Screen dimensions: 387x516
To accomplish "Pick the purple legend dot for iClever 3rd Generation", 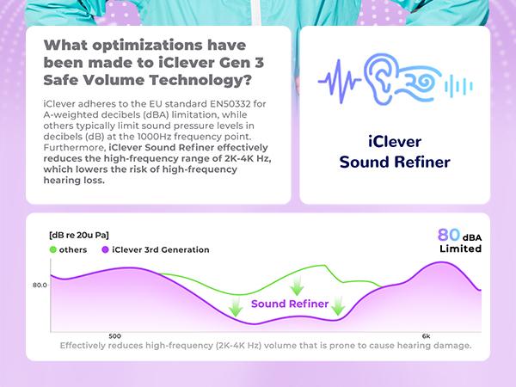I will point(105,249).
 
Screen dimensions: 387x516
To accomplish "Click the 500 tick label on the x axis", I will point(115,336).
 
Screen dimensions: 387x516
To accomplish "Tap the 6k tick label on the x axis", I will point(426,336).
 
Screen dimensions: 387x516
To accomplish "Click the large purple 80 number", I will point(449,235).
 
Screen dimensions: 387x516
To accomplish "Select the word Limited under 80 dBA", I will point(460,249).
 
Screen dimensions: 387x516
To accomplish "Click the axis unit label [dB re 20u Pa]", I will point(78,235).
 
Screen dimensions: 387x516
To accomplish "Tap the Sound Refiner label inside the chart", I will point(289,304).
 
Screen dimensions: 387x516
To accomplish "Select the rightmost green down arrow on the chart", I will point(338,304).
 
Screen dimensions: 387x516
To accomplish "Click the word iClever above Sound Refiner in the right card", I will point(395,143).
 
